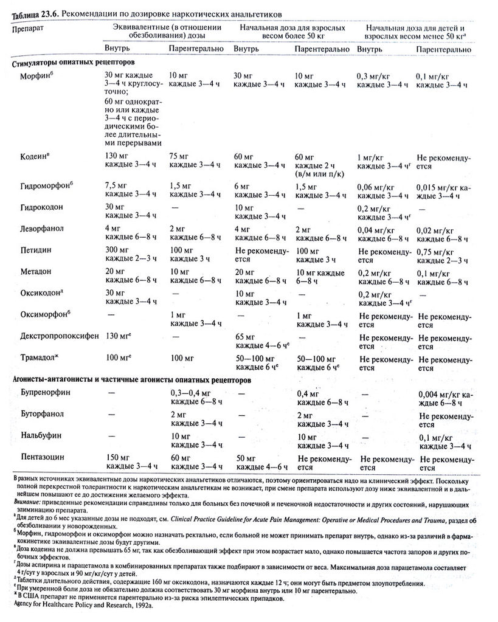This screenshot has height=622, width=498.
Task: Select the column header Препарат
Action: (27, 28)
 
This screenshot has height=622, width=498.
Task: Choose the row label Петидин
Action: (39, 249)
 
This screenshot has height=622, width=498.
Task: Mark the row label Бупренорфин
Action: (45, 393)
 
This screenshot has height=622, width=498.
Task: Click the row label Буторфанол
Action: (43, 414)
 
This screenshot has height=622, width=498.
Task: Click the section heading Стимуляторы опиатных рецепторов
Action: (73, 62)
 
